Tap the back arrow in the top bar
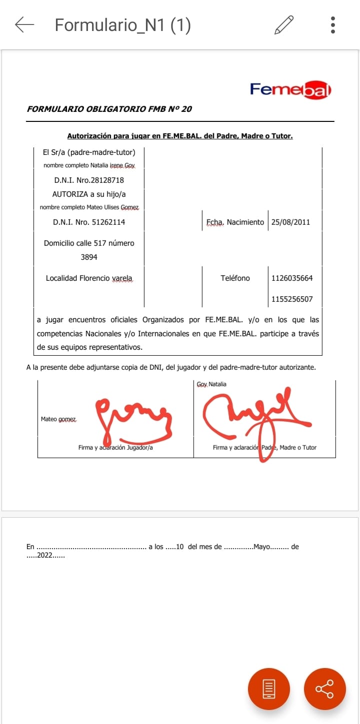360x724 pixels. [24, 24]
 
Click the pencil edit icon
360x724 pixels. [283, 24]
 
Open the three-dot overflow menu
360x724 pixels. [333, 24]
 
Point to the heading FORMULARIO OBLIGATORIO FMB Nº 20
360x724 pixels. [109, 109]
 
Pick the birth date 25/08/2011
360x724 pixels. [290, 222]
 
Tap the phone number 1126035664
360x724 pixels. [292, 278]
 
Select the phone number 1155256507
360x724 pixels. [292, 299]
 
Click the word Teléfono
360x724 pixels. [235, 278]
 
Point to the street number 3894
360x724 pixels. [89, 257]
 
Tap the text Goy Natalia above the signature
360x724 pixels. [211, 384]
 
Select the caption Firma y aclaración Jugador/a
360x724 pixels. [115, 448]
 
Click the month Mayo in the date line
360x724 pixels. [262, 547]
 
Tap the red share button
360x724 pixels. [324, 689]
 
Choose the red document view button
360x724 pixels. [268, 689]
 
